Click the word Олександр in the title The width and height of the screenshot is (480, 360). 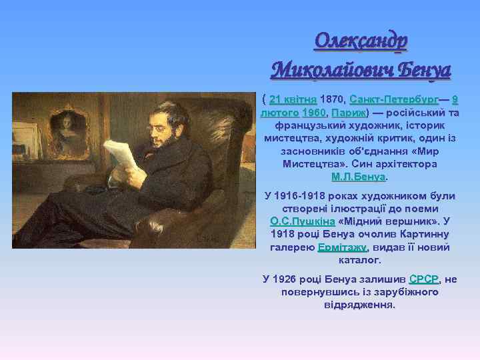(361, 41)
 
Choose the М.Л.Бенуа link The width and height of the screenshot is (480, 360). (359, 177)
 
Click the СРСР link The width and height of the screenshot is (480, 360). (423, 279)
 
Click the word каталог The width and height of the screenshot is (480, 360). (359, 259)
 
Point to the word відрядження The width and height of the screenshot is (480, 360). (359, 305)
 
